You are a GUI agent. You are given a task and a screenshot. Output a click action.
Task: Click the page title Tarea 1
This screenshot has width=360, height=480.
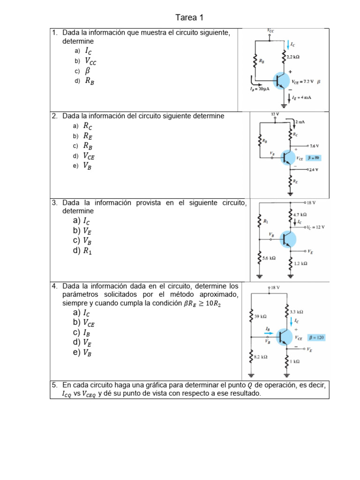189,18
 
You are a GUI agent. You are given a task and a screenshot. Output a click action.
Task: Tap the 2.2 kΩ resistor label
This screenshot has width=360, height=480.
293,57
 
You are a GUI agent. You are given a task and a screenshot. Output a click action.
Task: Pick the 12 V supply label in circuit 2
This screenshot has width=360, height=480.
275,114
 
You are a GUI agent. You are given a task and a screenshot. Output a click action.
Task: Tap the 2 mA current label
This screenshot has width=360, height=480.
300,122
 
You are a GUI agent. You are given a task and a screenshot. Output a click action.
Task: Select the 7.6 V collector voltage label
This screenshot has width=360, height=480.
315,146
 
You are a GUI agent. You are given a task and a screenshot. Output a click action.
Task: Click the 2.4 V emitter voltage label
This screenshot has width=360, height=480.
314,170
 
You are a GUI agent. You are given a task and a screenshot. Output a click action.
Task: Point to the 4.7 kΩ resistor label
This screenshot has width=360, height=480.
300,214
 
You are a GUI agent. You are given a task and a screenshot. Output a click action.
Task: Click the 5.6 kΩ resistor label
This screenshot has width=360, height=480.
269,258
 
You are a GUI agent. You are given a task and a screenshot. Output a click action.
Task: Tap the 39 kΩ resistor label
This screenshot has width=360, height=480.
261,317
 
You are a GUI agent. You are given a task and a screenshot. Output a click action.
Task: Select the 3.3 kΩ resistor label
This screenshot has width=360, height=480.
297,311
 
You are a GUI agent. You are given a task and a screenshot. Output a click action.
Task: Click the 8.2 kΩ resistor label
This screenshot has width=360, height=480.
261,357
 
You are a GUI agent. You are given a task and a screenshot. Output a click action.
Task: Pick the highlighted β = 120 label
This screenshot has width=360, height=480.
316,337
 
